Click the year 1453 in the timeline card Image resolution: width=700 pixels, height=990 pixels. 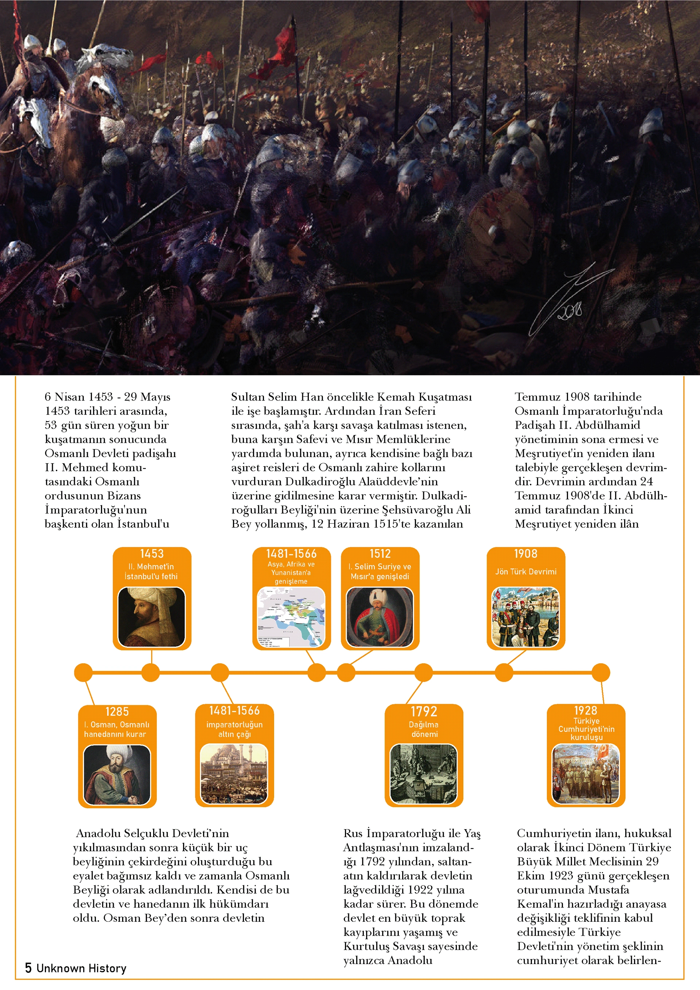(152, 554)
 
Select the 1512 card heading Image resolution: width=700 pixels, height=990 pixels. (380, 554)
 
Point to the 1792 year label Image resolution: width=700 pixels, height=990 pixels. (424, 711)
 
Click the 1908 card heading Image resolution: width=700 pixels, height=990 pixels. (525, 554)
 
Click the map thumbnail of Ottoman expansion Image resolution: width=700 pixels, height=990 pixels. (291, 618)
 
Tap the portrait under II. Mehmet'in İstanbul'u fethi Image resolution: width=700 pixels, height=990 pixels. (152, 617)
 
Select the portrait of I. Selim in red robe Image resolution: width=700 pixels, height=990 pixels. (380, 617)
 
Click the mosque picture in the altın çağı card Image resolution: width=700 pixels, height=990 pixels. (234, 774)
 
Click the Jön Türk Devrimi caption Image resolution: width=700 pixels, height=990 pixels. (525, 572)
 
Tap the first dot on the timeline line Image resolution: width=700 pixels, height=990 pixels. (83, 672)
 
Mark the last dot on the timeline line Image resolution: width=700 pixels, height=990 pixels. (601, 672)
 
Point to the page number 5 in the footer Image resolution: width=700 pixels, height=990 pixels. (28, 968)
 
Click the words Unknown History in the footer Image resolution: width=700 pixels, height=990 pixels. (81, 968)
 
